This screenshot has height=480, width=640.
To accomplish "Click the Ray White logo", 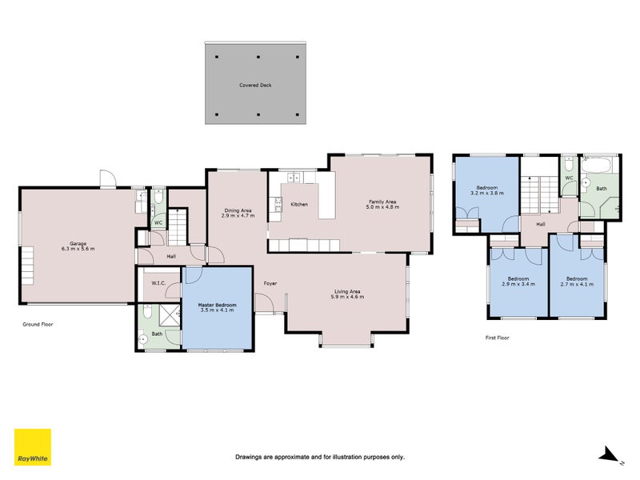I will [33, 447].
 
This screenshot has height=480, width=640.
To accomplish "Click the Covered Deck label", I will [255, 84].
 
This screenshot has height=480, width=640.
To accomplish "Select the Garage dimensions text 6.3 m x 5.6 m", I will [78, 249].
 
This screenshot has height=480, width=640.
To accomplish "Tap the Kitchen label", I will [299, 204].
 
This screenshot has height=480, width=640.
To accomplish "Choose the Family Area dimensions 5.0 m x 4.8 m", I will [382, 207].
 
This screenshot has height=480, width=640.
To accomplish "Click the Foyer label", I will [270, 283].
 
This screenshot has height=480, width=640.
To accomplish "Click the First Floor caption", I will [497, 338].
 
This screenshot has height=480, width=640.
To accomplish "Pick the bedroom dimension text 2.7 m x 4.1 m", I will [577, 284].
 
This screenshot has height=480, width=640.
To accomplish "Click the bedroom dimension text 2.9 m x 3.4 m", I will [518, 284].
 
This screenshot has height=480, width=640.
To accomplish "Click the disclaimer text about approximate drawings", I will [319, 457].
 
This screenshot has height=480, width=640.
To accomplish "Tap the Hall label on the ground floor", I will [171, 256].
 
